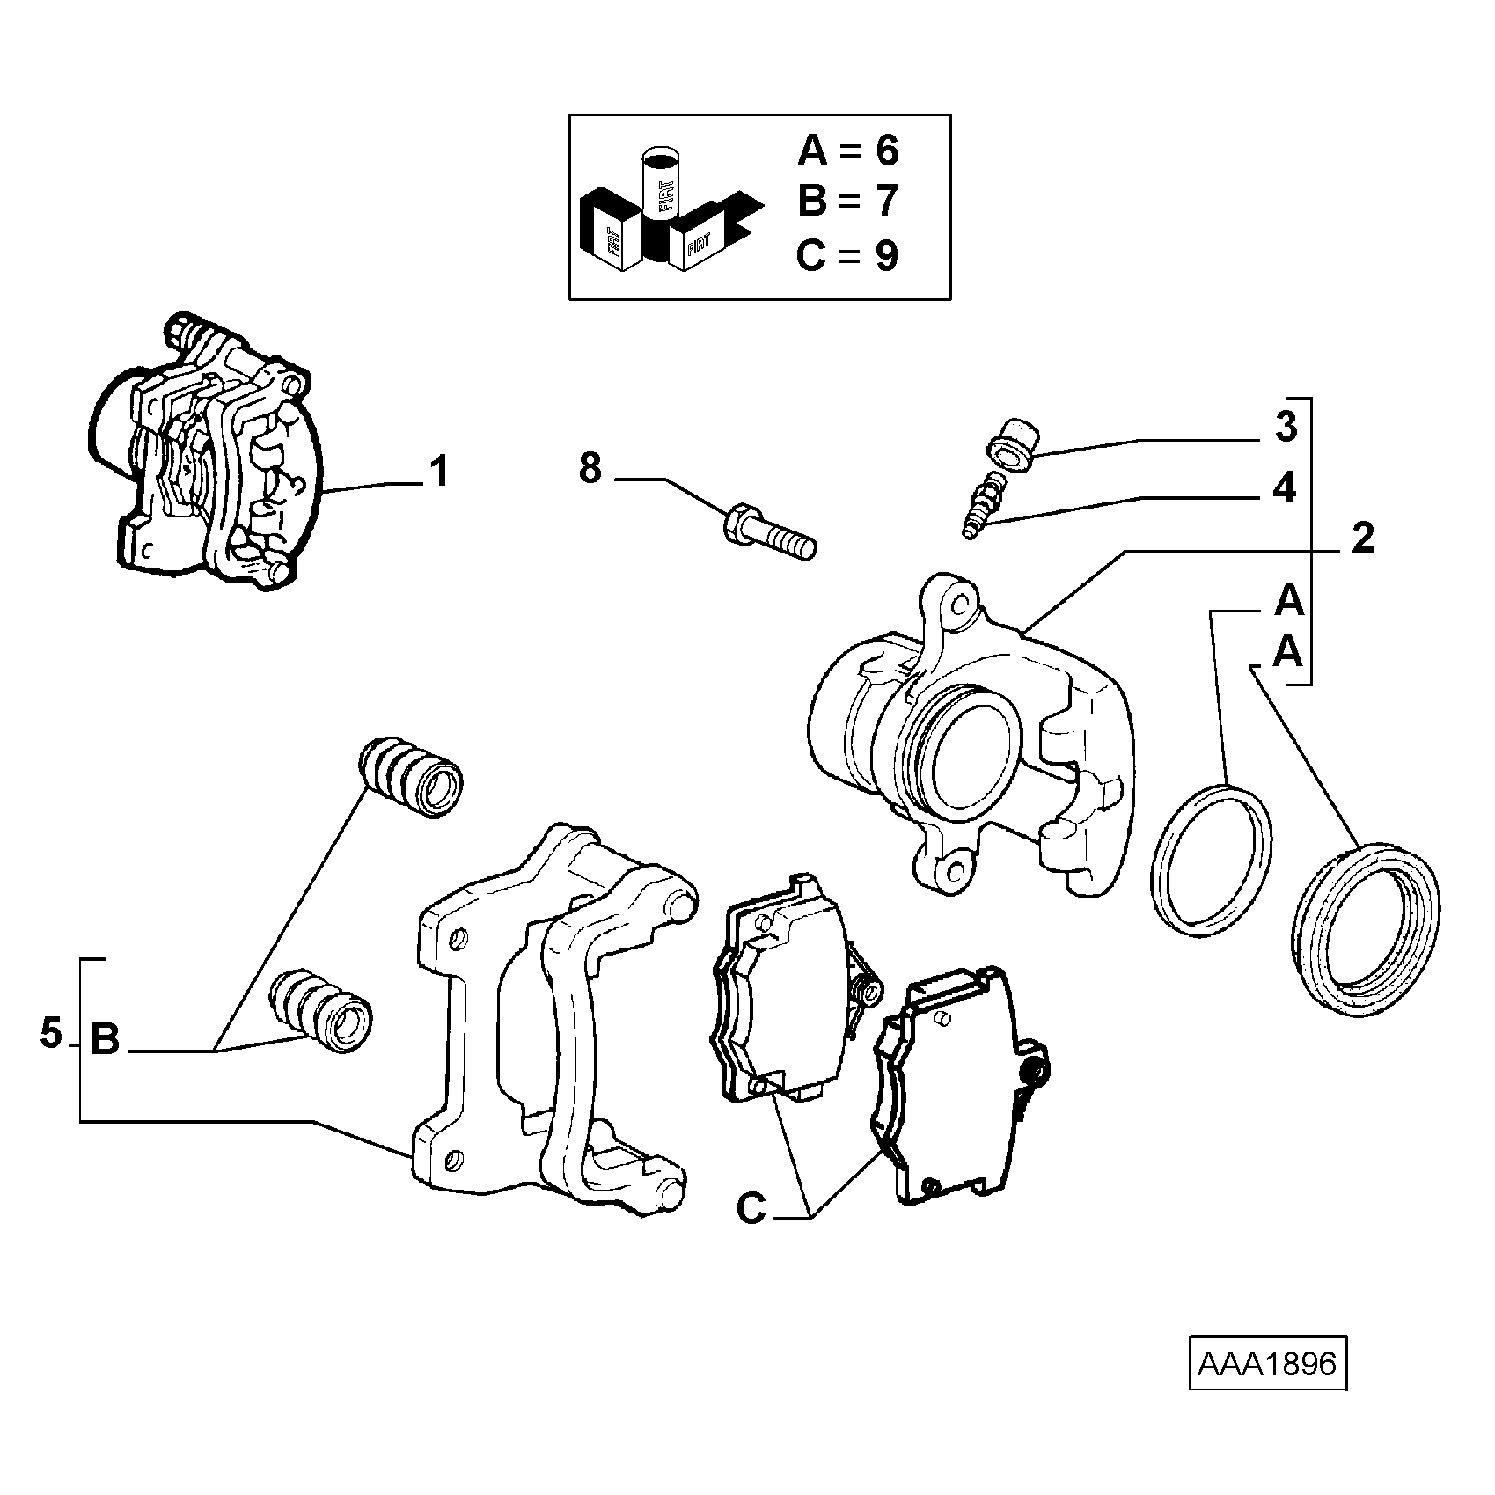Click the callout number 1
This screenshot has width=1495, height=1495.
tap(439, 471)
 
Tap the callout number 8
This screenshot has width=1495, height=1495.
tap(590, 468)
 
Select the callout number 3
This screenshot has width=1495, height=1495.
tap(1286, 427)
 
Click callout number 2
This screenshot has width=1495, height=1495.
tap(1362, 539)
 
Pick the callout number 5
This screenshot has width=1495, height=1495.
tap(51, 1033)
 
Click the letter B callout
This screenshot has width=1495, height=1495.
tap(105, 1039)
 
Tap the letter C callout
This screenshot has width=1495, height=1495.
tap(751, 1209)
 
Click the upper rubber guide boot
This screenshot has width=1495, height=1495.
tap(411, 778)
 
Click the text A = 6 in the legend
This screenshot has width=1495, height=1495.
tap(847, 150)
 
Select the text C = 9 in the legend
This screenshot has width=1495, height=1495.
tap(847, 256)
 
